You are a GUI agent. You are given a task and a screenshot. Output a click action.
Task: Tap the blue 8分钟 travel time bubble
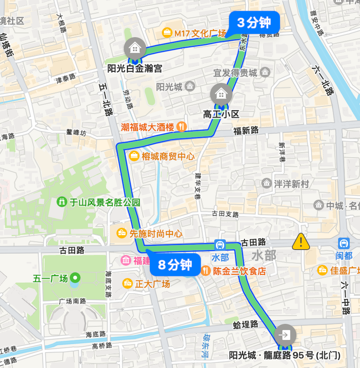[175, 265]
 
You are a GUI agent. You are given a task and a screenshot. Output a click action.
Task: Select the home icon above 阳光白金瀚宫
[135, 48]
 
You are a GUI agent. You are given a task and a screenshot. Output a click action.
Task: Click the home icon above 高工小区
[221, 94]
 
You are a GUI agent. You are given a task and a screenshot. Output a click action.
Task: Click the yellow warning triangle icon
[301, 242]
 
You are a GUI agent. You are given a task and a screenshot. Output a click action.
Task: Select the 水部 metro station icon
[220, 245]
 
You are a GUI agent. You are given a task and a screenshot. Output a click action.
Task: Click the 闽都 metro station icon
[343, 243]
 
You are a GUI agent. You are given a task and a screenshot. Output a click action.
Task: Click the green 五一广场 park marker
[75, 278]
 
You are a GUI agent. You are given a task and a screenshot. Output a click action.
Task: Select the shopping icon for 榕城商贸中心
[134, 156]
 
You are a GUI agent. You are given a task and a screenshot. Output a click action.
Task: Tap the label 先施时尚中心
[156, 234]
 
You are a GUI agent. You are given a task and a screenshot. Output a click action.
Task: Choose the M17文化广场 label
[200, 33]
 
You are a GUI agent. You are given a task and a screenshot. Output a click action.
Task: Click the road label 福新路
[246, 130]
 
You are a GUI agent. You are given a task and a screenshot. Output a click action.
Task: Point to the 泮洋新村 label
[291, 184]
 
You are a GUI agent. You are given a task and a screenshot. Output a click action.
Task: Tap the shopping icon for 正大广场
[128, 283]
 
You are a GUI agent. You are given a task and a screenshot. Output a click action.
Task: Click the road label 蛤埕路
[246, 324]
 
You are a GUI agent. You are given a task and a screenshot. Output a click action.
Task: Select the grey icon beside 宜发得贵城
[266, 73]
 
